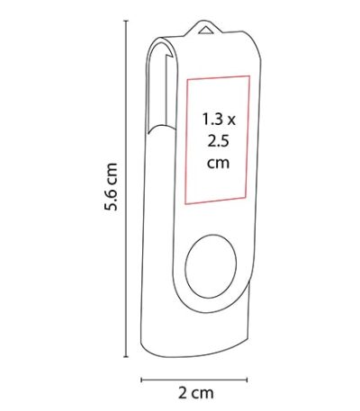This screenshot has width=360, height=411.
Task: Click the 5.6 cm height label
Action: pos(111,187)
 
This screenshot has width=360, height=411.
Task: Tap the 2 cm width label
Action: pos(196,392)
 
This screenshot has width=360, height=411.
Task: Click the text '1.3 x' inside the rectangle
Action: pos(219,119)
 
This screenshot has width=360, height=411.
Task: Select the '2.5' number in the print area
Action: pos(219,141)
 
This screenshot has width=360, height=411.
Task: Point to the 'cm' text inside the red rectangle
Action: pos(219,163)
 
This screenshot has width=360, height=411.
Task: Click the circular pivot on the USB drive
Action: pos(211,266)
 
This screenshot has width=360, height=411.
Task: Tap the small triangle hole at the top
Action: pos(205,30)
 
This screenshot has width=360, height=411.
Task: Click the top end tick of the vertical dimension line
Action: pos(126,21)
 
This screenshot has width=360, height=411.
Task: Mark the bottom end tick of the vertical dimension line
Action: pos(126,357)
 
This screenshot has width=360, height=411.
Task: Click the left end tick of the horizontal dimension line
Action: pos(141,380)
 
